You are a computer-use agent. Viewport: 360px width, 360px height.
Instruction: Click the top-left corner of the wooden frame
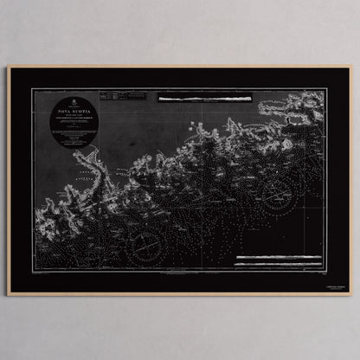[x=9, y=67]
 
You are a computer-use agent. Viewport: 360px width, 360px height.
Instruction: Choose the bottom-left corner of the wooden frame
[x=9, y=293]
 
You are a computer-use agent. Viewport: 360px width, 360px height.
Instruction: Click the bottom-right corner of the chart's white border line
[x=325, y=269]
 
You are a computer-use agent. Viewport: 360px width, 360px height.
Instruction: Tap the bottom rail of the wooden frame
[x=180, y=292]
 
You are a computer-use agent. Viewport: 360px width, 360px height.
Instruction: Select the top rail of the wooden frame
[x=180, y=67]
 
